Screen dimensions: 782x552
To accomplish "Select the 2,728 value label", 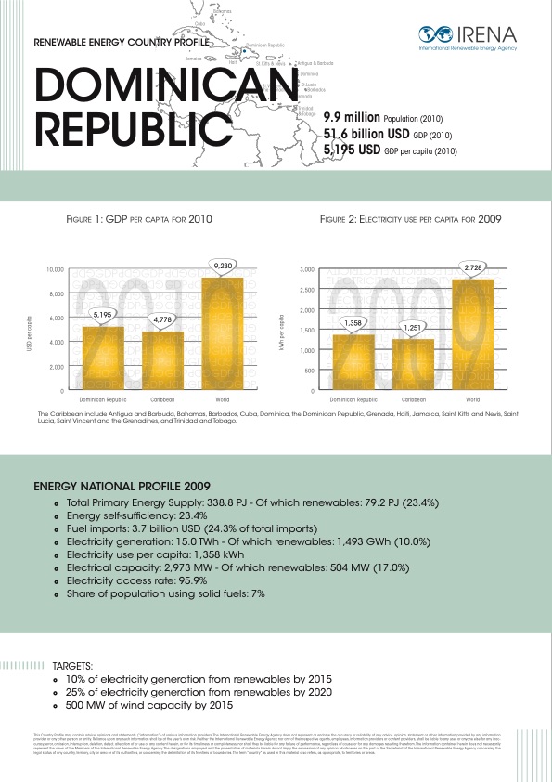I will tap(472, 267).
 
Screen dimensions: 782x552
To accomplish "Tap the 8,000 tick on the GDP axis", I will tap(55, 293).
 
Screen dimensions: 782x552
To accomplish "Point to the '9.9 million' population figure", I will tap(352, 119).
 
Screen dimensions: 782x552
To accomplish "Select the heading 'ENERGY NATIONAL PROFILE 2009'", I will tap(122, 486).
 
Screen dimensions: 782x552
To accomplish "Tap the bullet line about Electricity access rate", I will tap(135, 580).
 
